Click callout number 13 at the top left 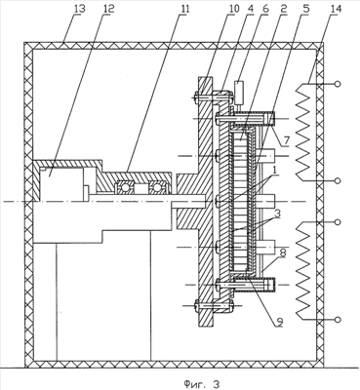click(80, 9)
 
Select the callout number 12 click(108, 9)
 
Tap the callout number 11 click(184, 9)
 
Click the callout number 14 click(336, 9)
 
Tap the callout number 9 click(279, 322)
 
